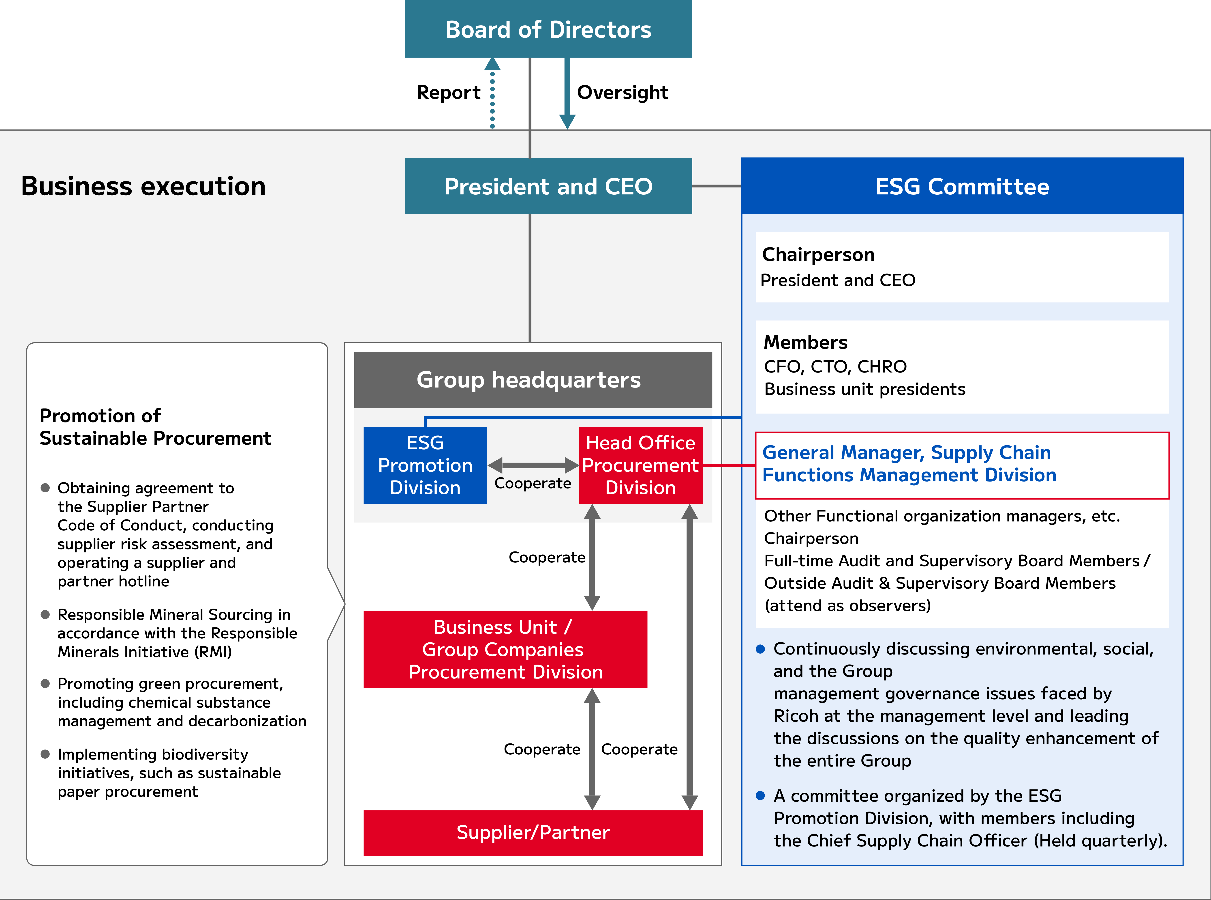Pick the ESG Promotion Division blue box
pyautogui.click(x=425, y=465)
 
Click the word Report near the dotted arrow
pyautogui.click(x=448, y=93)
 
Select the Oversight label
pyautogui.click(x=622, y=93)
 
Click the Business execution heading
pyautogui.click(x=143, y=186)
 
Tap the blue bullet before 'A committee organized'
pyautogui.click(x=761, y=796)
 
